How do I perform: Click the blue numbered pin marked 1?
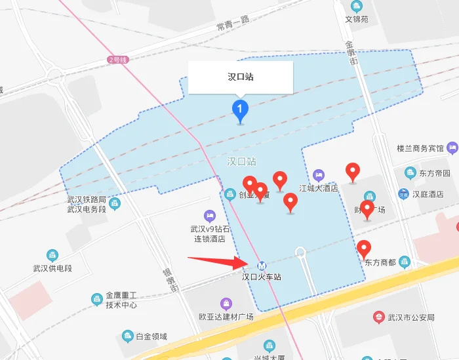pyautogui.click(x=241, y=109)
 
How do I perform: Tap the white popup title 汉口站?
pyautogui.click(x=240, y=77)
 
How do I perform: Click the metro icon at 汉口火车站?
pyautogui.click(x=262, y=266)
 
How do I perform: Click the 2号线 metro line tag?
pyautogui.click(x=118, y=60)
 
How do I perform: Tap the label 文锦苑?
pyautogui.click(x=357, y=19)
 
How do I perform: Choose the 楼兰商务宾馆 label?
pyautogui.click(x=420, y=148)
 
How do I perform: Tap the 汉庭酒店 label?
pyautogui.click(x=428, y=194)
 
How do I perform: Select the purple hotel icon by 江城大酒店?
pyautogui.click(x=319, y=175)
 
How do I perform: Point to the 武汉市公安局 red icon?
pyautogui.click(x=378, y=318)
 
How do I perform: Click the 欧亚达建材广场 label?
pyautogui.click(x=226, y=317)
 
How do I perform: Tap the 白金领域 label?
pyautogui.click(x=151, y=336)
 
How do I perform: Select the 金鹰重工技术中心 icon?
pyautogui.click(x=96, y=300)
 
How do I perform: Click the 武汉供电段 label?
pyautogui.click(x=52, y=268)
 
